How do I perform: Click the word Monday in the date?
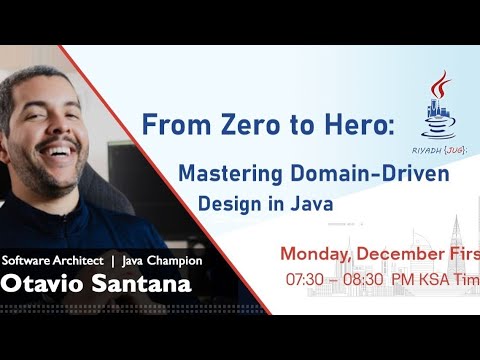click(x=317, y=253)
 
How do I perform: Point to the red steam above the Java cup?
click(x=438, y=83)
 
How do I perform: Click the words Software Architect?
click(x=50, y=260)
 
